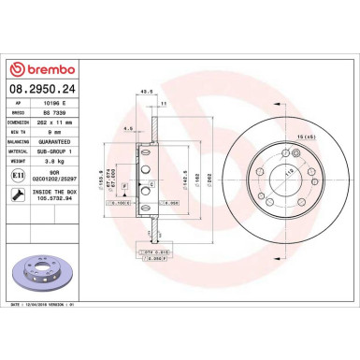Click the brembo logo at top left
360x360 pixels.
36,70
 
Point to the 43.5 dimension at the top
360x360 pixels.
144,92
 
